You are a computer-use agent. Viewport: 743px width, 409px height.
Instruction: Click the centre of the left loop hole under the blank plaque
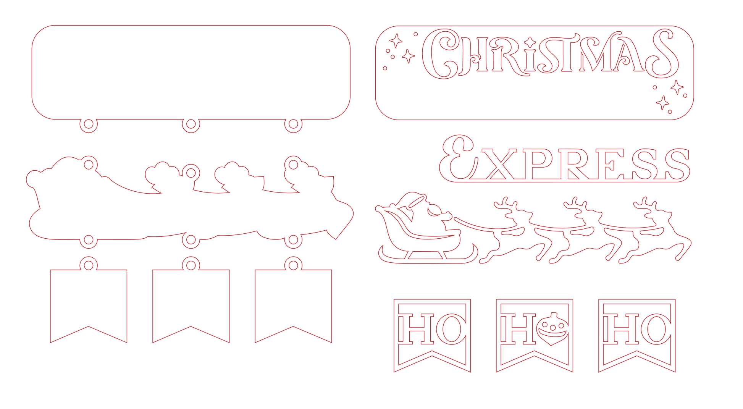click(x=89, y=124)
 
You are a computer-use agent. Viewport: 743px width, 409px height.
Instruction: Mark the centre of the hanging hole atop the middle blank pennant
click(x=191, y=265)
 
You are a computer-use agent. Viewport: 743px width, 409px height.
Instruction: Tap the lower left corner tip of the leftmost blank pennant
click(x=50, y=343)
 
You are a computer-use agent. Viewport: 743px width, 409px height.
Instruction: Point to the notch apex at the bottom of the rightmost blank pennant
click(x=293, y=327)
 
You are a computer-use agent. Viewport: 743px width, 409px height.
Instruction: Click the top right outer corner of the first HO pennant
click(x=470, y=299)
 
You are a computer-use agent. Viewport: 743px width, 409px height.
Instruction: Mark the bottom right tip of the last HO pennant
click(x=675, y=372)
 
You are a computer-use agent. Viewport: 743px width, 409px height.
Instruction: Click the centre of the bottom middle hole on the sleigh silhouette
click(x=191, y=240)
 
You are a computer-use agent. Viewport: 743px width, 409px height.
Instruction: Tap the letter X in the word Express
click(x=498, y=164)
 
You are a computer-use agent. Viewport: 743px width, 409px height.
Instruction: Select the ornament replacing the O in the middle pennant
click(x=552, y=329)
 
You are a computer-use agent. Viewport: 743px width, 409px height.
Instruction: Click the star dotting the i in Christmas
click(x=530, y=42)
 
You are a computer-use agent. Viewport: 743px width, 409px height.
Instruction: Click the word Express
click(x=564, y=158)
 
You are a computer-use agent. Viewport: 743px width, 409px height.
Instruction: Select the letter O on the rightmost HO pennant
click(x=656, y=329)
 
